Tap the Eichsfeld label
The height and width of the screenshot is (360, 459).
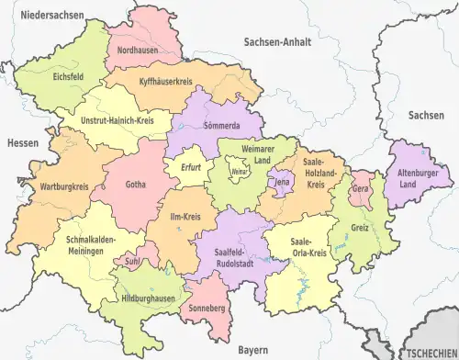70,77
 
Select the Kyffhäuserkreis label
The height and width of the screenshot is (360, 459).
170,83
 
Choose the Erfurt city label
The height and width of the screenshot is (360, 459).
190,167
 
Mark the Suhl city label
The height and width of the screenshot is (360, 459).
132,261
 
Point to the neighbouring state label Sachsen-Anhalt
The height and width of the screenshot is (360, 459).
278,41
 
